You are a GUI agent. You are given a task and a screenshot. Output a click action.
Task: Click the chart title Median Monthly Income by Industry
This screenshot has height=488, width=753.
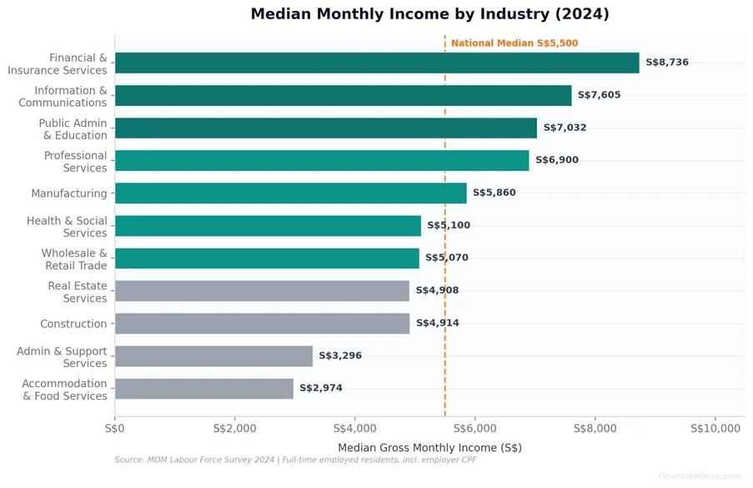click(x=429, y=14)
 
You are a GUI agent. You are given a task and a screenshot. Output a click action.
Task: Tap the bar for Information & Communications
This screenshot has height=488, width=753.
click(x=343, y=95)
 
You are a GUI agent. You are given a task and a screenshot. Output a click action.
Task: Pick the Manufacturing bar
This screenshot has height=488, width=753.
click(x=290, y=193)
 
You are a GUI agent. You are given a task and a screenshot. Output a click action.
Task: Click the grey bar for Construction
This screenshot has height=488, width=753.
click(x=262, y=324)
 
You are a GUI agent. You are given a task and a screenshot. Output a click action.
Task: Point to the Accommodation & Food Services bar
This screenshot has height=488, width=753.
click(x=204, y=389)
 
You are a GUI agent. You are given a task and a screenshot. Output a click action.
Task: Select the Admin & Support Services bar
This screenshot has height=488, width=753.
click(x=213, y=356)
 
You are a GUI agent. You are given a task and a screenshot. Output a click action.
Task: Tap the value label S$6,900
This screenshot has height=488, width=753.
click(x=556, y=160)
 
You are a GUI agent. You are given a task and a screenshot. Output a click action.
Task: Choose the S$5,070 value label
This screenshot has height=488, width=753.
click(x=447, y=258)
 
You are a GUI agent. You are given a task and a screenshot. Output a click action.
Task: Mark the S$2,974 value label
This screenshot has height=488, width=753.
click(x=321, y=389)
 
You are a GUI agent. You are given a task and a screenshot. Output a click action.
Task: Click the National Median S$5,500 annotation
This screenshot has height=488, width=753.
click(x=515, y=43)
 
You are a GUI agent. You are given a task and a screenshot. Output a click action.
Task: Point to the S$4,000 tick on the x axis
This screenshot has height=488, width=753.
click(x=355, y=429)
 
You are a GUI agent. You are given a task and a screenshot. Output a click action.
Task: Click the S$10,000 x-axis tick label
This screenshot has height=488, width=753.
click(x=715, y=429)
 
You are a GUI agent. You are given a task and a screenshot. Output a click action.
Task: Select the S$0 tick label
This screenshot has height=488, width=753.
click(x=115, y=429)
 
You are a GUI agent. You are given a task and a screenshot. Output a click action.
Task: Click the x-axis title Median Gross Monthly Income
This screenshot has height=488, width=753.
click(x=429, y=448)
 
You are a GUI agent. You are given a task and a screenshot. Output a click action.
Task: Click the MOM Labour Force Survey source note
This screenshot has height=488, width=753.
click(x=295, y=460)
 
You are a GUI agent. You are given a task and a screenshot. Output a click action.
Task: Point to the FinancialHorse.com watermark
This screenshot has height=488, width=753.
click(x=699, y=476)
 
